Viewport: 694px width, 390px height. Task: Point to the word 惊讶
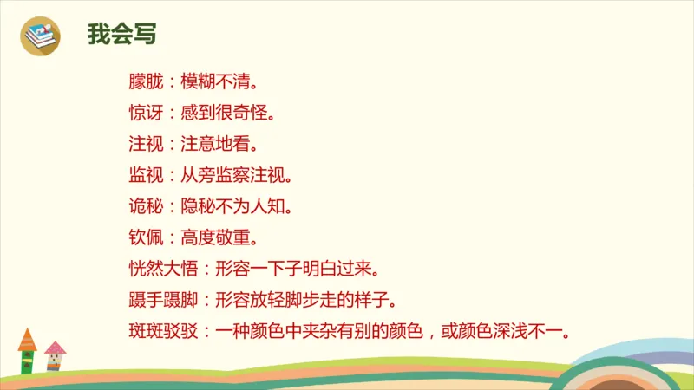click(143, 114)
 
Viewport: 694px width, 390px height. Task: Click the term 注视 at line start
click(143, 143)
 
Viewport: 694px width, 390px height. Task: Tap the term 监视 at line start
click(143, 175)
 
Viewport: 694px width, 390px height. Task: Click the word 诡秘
click(143, 206)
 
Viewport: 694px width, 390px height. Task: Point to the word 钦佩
click(143, 237)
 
